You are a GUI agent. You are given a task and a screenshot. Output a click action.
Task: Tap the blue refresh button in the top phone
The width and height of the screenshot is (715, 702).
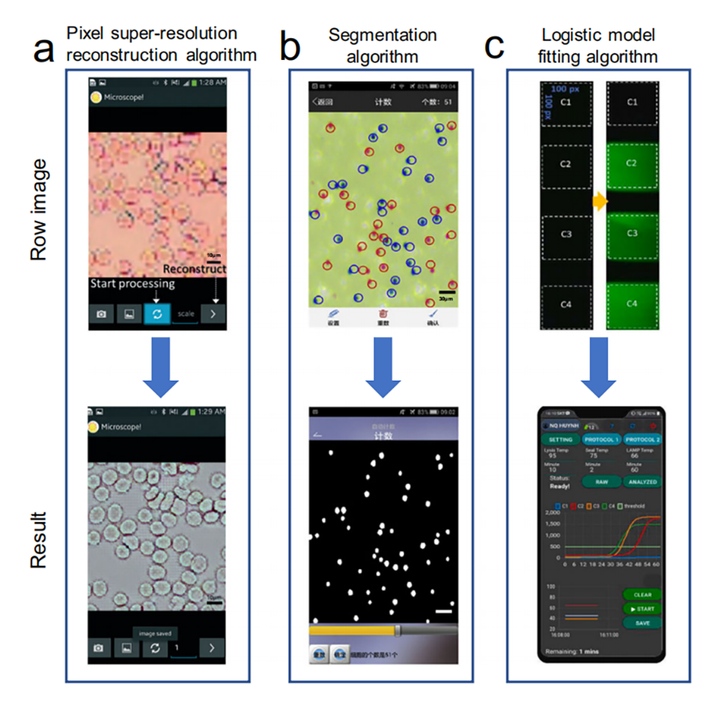[x=157, y=314]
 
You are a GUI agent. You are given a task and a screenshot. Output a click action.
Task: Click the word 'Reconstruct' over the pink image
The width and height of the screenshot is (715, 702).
[x=194, y=268]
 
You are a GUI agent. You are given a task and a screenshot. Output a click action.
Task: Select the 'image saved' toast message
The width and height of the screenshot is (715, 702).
[x=153, y=633]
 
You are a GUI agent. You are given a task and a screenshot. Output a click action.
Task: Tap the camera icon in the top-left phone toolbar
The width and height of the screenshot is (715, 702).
[x=101, y=315]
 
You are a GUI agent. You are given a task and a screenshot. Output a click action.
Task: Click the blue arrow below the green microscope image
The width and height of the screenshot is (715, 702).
[x=383, y=366]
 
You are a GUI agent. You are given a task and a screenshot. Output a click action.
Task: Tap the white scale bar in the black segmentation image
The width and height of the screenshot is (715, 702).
[x=444, y=612]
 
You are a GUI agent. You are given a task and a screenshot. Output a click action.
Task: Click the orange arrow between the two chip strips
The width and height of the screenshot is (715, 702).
[x=599, y=202]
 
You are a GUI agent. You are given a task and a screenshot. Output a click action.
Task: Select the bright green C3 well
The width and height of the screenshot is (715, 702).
[x=631, y=234]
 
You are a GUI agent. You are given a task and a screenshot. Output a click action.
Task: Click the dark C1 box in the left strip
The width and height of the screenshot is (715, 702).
[x=566, y=102]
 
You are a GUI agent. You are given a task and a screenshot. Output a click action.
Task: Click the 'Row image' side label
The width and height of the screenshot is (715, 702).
[x=40, y=210]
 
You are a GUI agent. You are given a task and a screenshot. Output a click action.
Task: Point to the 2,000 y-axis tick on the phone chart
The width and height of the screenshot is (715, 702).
[x=552, y=512]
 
